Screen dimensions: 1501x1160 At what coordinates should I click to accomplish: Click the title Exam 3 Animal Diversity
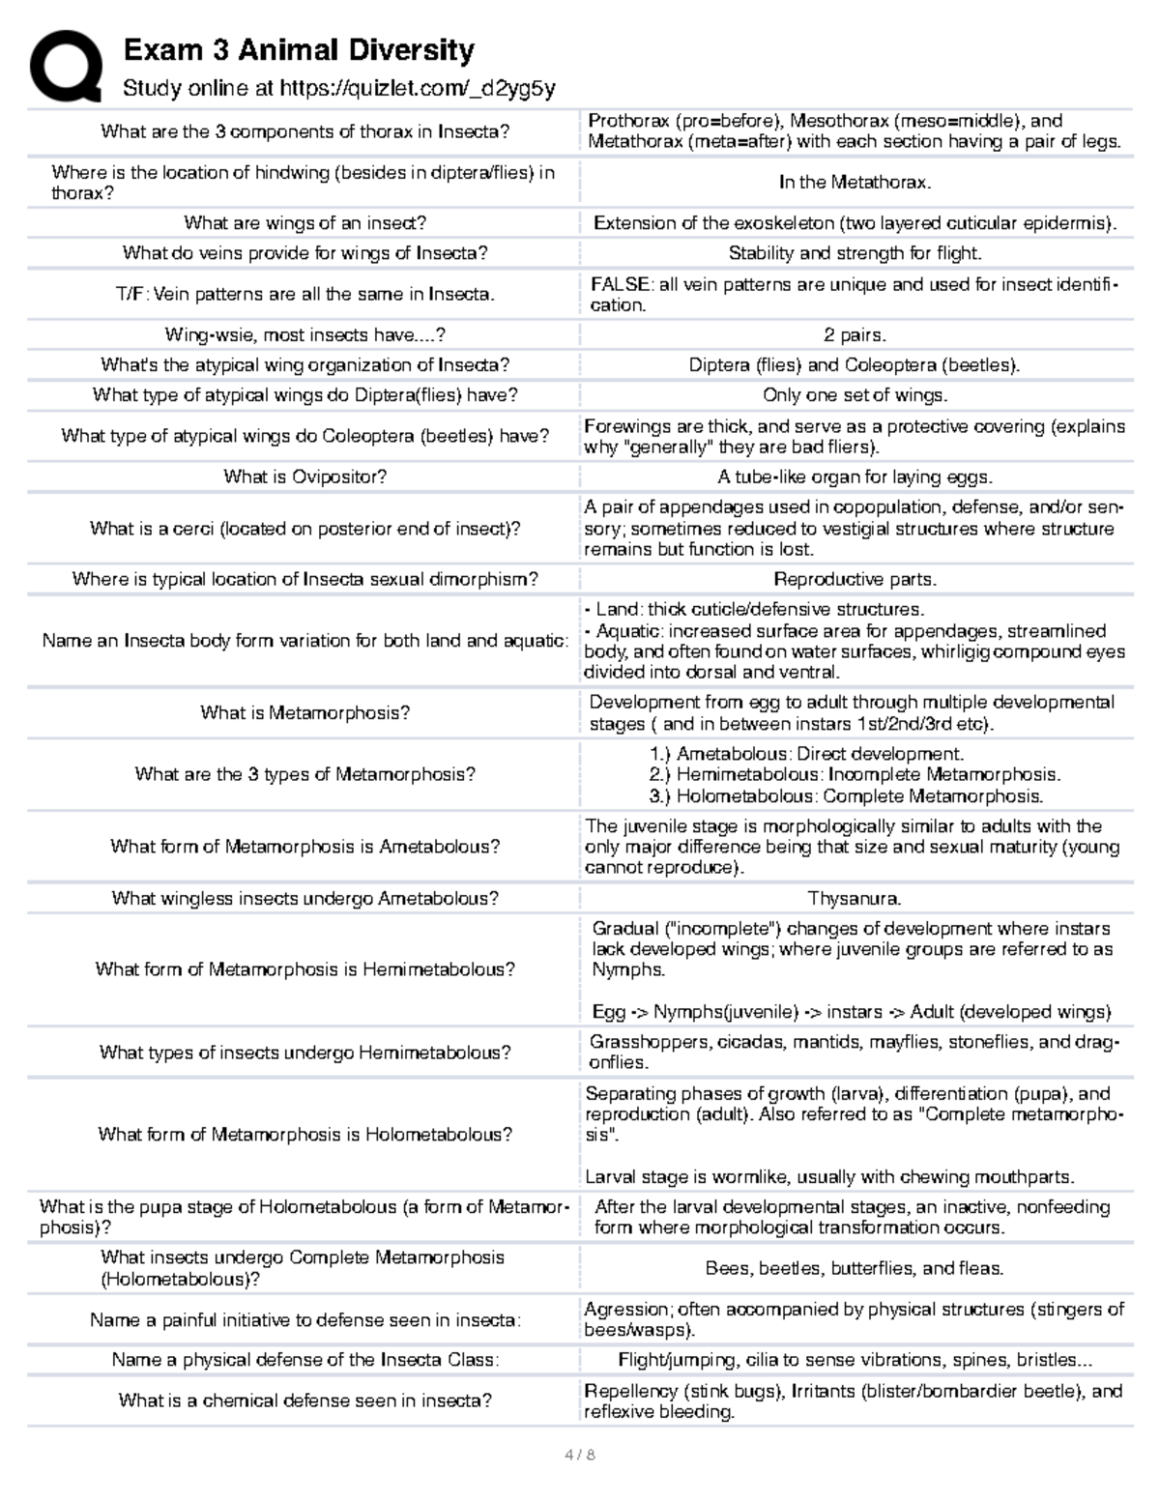point(298,49)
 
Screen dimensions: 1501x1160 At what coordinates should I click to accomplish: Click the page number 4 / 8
point(579,1455)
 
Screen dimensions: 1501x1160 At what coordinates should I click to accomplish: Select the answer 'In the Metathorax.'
point(855,182)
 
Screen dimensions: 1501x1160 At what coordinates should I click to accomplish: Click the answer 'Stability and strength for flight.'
point(855,253)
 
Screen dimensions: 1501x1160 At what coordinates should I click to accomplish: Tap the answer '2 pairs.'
point(855,335)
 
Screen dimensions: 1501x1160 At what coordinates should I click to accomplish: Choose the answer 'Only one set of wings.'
point(855,395)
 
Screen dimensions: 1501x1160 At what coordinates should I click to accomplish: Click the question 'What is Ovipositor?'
point(304,476)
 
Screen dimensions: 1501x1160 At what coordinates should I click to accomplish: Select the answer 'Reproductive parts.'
point(855,579)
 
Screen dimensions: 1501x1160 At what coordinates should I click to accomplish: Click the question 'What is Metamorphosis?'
point(304,712)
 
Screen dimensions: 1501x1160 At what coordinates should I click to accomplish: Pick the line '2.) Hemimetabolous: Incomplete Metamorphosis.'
point(855,774)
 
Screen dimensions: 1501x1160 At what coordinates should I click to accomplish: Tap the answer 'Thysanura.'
point(855,898)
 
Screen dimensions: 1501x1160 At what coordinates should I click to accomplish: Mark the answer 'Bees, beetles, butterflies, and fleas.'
point(855,1268)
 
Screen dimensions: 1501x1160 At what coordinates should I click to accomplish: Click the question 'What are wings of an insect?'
point(304,223)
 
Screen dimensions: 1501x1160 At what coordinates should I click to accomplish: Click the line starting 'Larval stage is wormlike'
point(829,1177)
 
